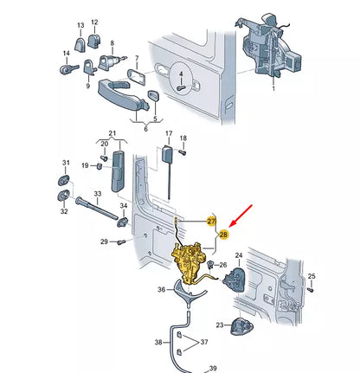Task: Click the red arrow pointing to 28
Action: (x=241, y=215)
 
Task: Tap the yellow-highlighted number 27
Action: (x=211, y=222)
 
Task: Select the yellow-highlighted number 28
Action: (x=223, y=235)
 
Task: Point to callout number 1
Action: (x=273, y=89)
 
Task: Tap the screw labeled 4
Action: (x=181, y=87)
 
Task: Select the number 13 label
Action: (x=80, y=25)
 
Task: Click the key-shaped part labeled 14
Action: (x=69, y=68)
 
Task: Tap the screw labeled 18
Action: (x=183, y=151)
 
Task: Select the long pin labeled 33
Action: (x=97, y=208)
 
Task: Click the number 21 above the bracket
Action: (x=112, y=133)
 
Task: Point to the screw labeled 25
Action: (x=310, y=290)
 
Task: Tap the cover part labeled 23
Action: (x=241, y=326)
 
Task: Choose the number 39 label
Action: (x=213, y=368)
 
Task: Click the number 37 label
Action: (x=204, y=342)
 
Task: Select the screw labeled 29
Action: (x=121, y=242)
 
